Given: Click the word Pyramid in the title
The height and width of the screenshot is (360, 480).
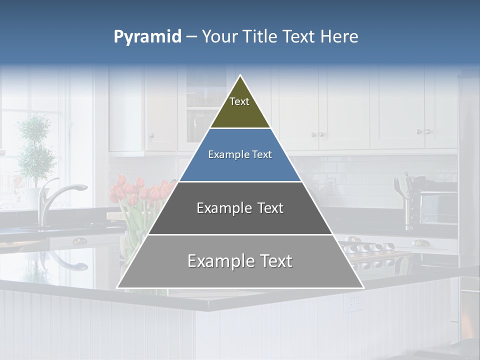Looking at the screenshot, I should tap(147, 37).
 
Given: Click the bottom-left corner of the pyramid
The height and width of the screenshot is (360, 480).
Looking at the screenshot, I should tap(118, 287).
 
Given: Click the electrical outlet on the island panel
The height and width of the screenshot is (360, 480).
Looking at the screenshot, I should tap(354, 301).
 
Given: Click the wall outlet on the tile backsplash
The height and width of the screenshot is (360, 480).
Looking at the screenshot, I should tap(330, 186).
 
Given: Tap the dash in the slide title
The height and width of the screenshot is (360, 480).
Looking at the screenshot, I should tap(191, 37).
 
